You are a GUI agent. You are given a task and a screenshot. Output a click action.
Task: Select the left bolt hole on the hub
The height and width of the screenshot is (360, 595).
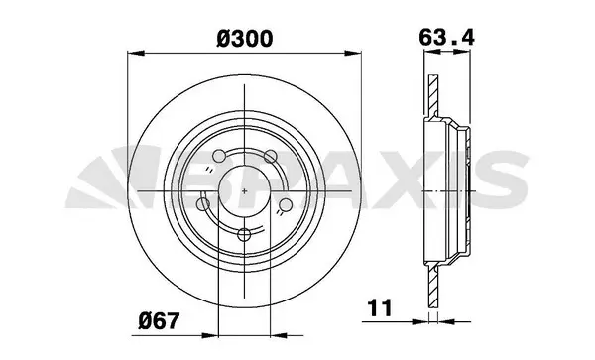point(203,204)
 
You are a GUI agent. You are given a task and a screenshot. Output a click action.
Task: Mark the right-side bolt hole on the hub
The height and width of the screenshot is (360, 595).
point(286,204)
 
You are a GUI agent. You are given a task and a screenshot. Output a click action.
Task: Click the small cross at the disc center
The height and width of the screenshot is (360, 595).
point(245,189)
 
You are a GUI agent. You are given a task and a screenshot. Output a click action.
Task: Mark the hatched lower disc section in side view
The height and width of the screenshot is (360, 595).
point(431,288)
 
